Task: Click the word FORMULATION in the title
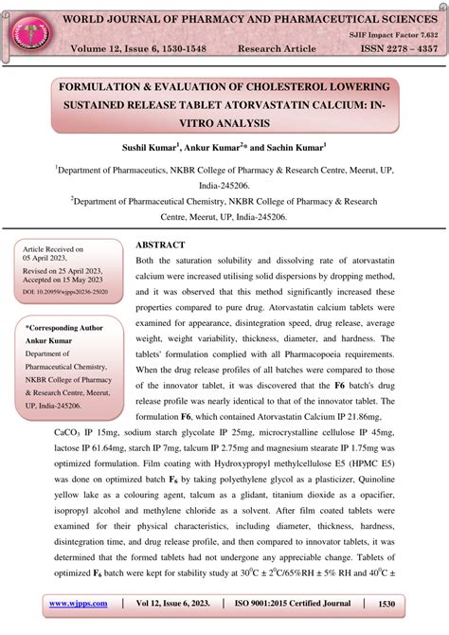coord(105,86)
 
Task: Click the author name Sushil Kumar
coord(152,148)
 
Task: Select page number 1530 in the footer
coord(385,603)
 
